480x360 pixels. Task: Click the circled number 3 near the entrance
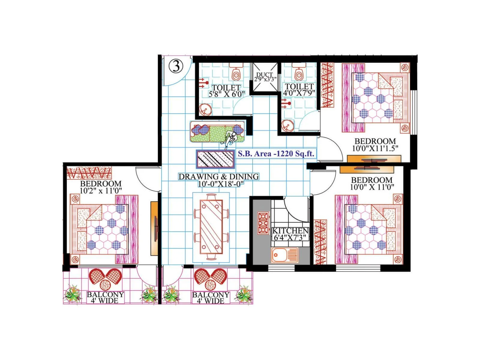point(176,66)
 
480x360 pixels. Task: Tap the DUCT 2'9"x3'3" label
point(264,77)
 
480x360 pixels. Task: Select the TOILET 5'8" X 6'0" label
point(226,91)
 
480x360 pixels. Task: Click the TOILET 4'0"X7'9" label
point(299,90)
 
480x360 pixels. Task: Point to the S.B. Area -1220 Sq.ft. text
point(276,154)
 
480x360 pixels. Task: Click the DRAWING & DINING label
point(219,177)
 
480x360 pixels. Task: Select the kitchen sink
point(284,255)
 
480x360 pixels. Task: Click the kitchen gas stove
point(263,223)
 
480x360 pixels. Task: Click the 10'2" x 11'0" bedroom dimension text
point(101,190)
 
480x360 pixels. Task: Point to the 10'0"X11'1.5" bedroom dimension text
point(375,148)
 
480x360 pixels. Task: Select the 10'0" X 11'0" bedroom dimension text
point(372,187)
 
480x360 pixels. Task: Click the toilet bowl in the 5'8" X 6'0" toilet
point(236,73)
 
